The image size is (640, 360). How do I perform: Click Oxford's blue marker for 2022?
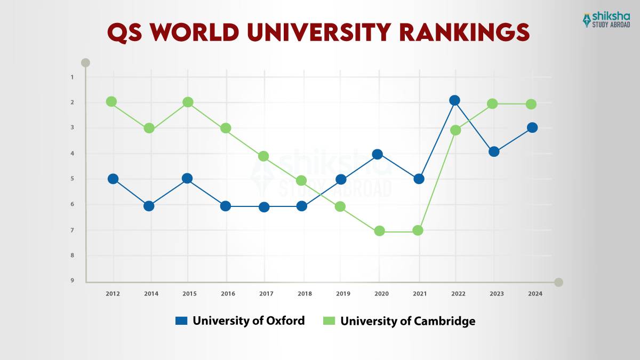[x=454, y=100]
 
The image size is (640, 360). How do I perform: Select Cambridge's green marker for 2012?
[x=111, y=101]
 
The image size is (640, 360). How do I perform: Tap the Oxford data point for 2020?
[x=378, y=154]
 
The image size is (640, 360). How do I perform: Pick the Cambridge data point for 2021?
[x=418, y=230]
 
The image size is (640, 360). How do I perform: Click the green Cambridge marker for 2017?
[x=263, y=156]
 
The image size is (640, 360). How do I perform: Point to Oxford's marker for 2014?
[x=149, y=206]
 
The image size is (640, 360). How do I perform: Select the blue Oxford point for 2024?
[x=532, y=127]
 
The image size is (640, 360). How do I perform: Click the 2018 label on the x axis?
[x=304, y=294]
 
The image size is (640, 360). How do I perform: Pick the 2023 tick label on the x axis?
[x=496, y=294]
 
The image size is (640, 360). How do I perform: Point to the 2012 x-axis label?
[x=113, y=294]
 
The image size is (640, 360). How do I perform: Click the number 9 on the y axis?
[x=72, y=281]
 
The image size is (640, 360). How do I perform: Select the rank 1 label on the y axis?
[x=72, y=77]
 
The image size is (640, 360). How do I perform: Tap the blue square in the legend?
[x=181, y=321]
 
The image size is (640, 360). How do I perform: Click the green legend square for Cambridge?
[x=329, y=321]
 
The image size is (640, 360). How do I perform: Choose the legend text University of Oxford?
[x=249, y=321]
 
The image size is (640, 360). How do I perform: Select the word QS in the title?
[x=126, y=32]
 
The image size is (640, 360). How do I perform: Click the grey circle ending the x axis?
[x=558, y=282]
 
